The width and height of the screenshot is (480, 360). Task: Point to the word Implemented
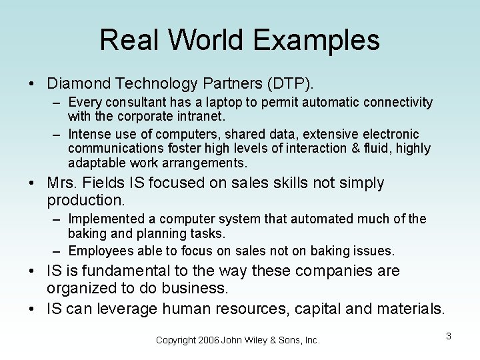[x=105, y=219]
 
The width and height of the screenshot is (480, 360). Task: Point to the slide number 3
[x=449, y=336]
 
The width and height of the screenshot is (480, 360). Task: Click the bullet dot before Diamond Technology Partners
[x=31, y=85]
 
